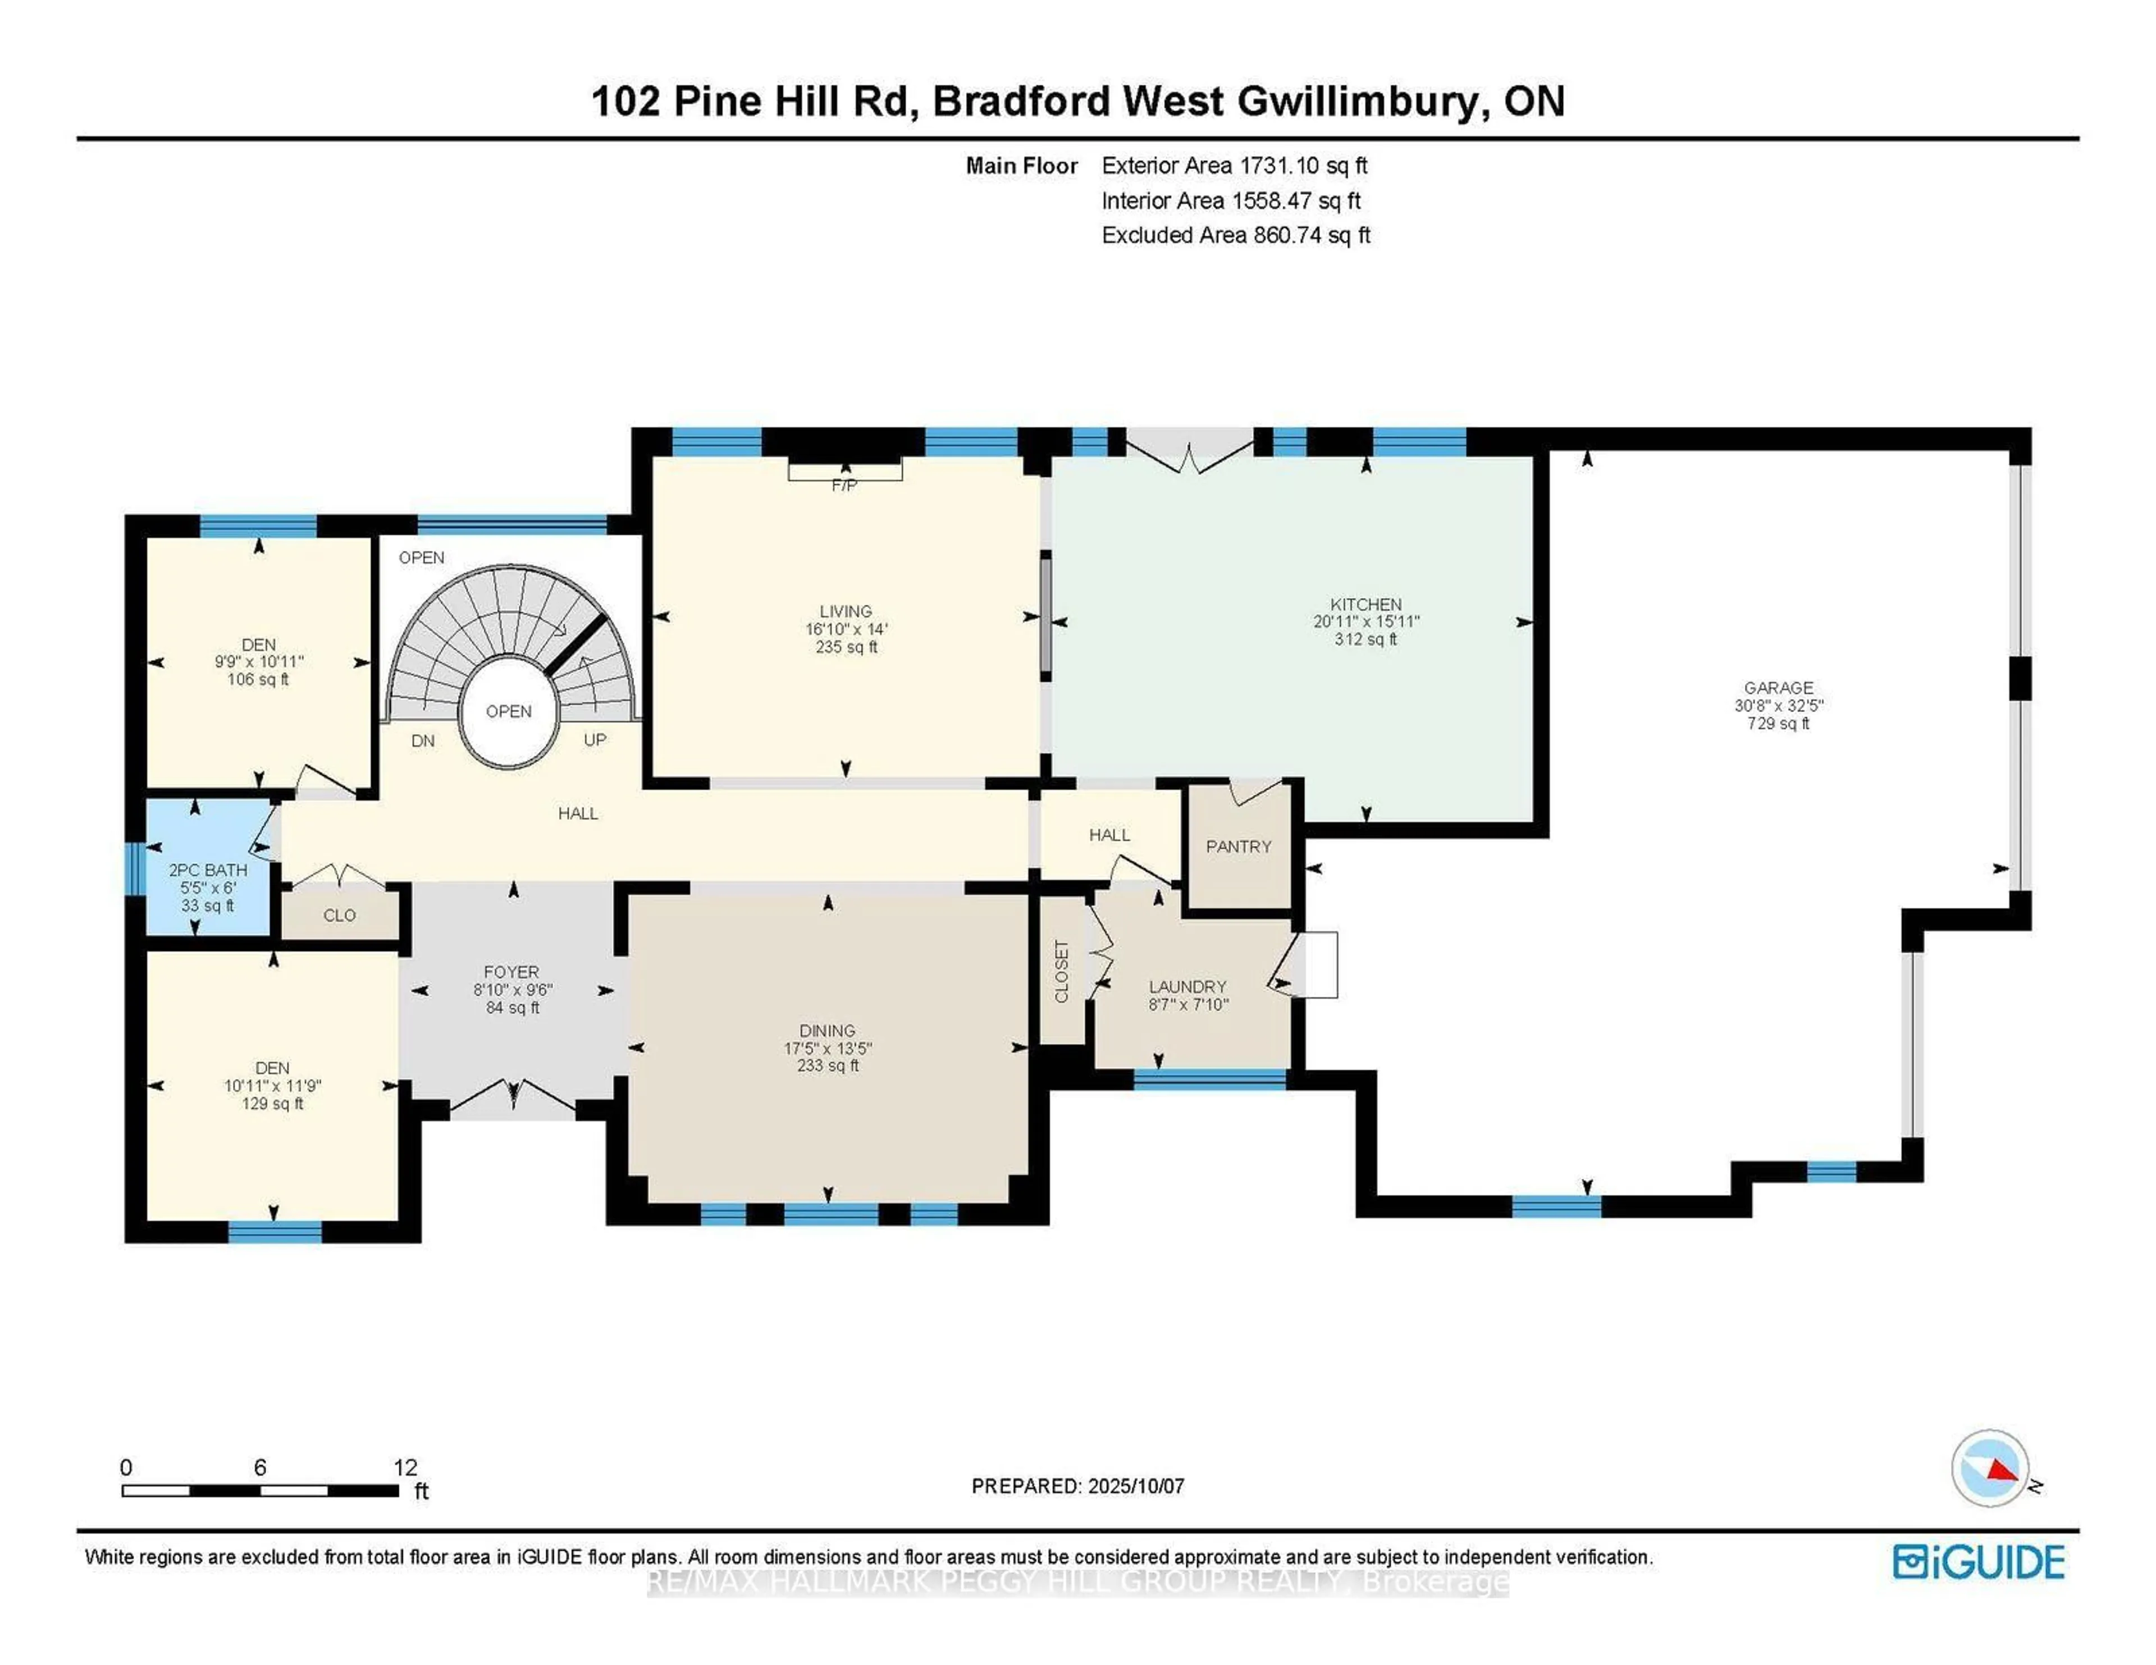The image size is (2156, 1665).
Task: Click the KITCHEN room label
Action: coord(1365,604)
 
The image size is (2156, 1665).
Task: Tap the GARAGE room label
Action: coord(1778,688)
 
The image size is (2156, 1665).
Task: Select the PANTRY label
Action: coord(1238,847)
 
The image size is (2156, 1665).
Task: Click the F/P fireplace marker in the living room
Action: coord(844,486)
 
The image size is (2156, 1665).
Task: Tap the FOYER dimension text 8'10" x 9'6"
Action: coord(513,990)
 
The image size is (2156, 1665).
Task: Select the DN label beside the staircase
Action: coord(423,741)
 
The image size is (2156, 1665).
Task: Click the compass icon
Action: coord(1990,1467)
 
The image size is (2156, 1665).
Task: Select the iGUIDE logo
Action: coord(1979,1561)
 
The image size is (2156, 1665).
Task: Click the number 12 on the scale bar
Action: coord(406,1467)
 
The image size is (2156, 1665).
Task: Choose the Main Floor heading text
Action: coord(1022,166)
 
